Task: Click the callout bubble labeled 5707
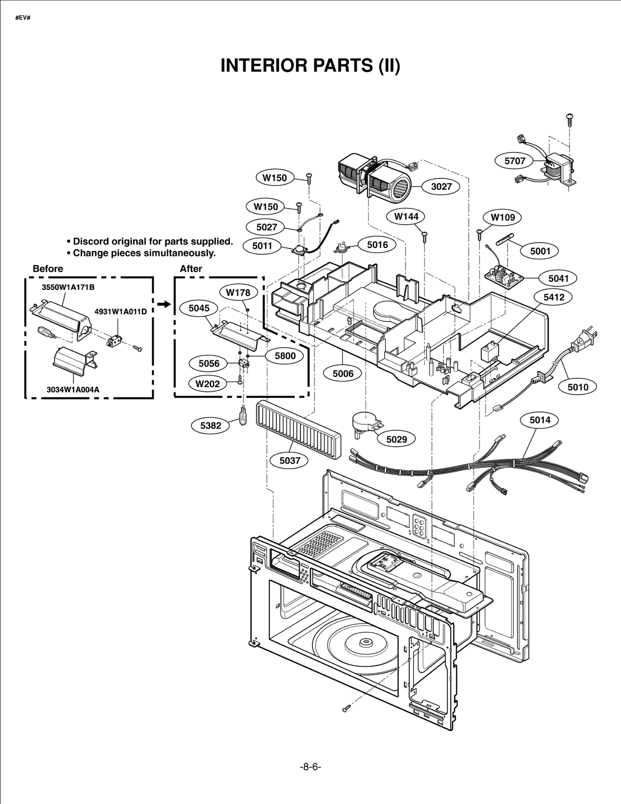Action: click(x=515, y=161)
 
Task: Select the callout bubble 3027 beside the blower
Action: click(x=441, y=187)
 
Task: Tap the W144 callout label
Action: click(x=406, y=216)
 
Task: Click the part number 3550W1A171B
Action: click(x=68, y=287)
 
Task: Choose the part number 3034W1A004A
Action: click(x=73, y=389)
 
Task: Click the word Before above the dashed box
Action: click(x=47, y=269)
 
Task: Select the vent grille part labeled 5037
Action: click(x=298, y=431)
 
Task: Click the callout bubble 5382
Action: click(x=210, y=425)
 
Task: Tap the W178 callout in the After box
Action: click(x=238, y=292)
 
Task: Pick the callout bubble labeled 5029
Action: click(x=396, y=439)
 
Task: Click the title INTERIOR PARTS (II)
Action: click(x=310, y=66)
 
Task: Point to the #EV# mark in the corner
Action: click(x=23, y=18)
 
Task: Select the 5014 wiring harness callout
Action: click(x=540, y=420)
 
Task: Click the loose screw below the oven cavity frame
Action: click(x=347, y=709)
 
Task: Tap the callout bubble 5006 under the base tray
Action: click(x=343, y=373)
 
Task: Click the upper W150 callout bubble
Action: click(x=274, y=178)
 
